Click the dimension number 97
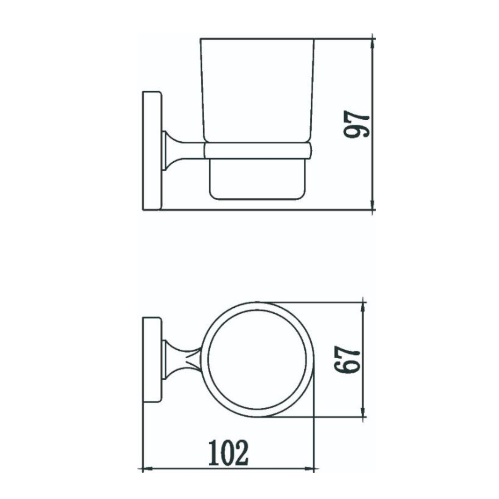(357, 124)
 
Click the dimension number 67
(347, 360)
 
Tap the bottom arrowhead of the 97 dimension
(373, 206)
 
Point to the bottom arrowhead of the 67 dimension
(363, 413)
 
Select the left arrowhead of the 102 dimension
(146, 469)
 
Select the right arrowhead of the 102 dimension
(310, 469)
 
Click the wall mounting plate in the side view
(152, 150)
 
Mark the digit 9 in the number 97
(357, 131)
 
